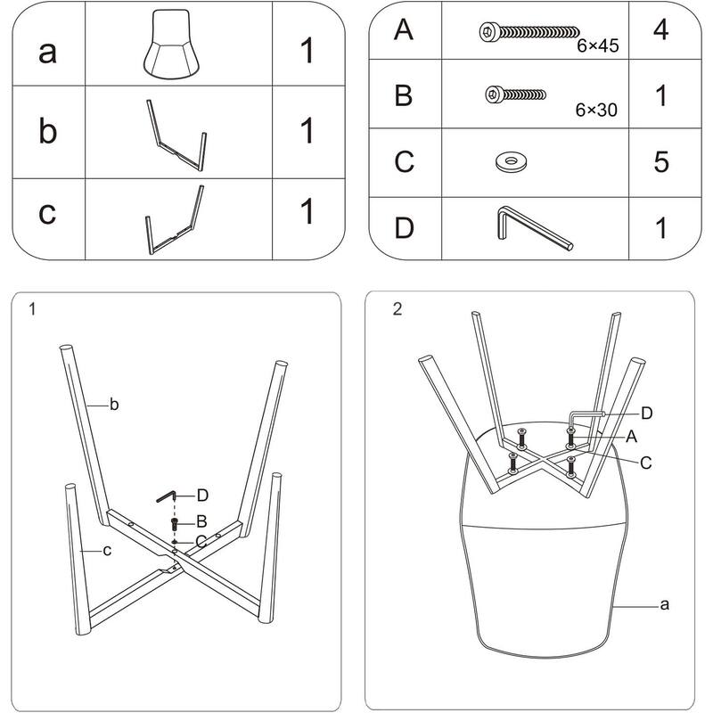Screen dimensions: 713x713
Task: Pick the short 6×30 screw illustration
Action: [x=515, y=93]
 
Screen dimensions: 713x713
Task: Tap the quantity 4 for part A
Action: [x=660, y=30]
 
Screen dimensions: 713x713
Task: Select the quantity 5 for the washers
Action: [x=660, y=162]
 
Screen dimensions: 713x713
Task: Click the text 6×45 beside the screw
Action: [x=597, y=45]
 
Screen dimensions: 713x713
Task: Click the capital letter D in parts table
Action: [x=404, y=228]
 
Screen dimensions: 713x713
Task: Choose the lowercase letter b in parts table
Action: [x=49, y=131]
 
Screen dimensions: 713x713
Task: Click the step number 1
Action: [x=32, y=309]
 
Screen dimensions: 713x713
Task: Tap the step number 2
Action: [x=397, y=309]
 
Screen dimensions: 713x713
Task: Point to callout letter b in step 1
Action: [x=114, y=406]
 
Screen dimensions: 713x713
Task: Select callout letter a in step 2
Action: [x=664, y=604]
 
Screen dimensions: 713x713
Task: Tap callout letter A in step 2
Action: [x=631, y=436]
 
